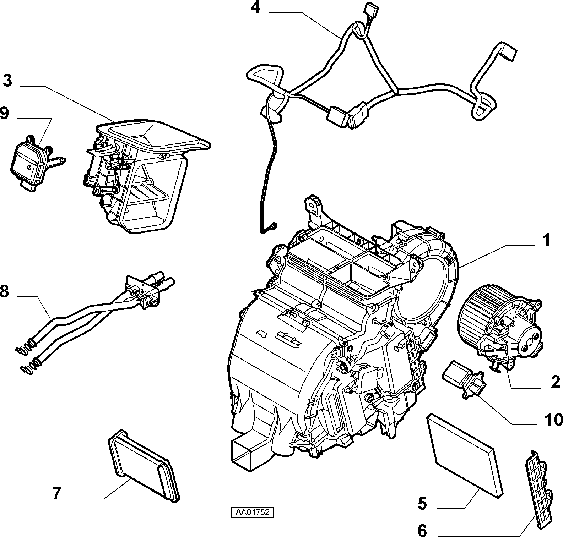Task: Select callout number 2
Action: (555, 382)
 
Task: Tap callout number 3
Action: (7, 81)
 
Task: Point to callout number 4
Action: (255, 7)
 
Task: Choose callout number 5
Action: (422, 503)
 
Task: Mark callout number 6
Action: (422, 531)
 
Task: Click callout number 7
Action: (57, 493)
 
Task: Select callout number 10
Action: (553, 420)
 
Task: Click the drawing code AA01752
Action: (253, 512)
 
